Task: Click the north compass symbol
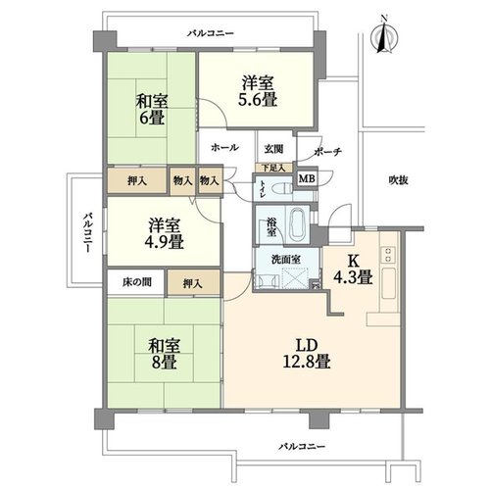(384, 36)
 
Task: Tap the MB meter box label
(307, 178)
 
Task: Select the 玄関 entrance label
(273, 149)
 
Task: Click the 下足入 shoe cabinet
(273, 168)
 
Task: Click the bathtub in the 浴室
(298, 225)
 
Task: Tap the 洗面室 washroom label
(286, 260)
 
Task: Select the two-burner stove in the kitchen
(389, 255)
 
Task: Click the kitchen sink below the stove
(389, 283)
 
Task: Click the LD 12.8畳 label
(307, 354)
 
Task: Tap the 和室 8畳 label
(164, 355)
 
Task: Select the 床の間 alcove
(136, 282)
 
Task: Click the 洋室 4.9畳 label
(164, 234)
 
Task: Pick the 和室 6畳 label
(152, 110)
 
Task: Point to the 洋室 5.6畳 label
(258, 91)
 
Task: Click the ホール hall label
(224, 148)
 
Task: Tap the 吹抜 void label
(399, 180)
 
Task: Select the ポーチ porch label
(327, 152)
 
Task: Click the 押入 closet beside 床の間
(193, 282)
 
